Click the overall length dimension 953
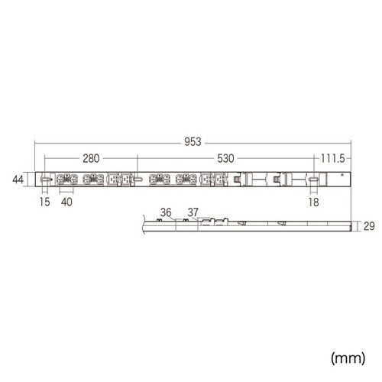click(x=193, y=141)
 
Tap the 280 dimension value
click(x=91, y=159)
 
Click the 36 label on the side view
click(x=166, y=212)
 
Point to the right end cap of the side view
click(x=351, y=227)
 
